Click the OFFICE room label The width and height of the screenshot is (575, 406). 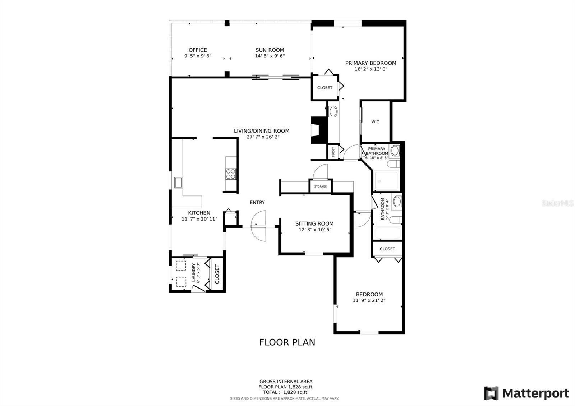(x=198, y=50)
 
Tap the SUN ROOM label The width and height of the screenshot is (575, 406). (x=270, y=50)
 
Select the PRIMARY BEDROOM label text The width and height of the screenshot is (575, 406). (x=371, y=63)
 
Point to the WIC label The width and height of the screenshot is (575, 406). (x=375, y=122)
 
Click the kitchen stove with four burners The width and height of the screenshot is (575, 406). (x=231, y=174)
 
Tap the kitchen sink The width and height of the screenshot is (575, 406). (x=178, y=183)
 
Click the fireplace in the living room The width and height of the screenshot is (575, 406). (x=319, y=130)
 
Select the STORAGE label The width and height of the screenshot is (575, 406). (x=321, y=186)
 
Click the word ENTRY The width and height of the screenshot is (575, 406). (x=257, y=203)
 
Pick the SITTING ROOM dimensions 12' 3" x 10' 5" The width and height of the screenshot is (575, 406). (x=315, y=230)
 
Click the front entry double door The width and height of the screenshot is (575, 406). (x=258, y=226)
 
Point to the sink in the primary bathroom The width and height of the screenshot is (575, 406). (x=395, y=151)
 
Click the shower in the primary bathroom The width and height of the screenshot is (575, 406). (x=386, y=181)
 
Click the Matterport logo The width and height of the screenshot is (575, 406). (x=526, y=393)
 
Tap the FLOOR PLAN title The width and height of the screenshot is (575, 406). (x=287, y=342)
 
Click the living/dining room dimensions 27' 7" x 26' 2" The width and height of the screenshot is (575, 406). (x=263, y=137)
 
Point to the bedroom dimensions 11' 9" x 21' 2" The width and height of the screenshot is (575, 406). (x=369, y=300)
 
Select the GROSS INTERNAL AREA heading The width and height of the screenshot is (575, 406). (x=286, y=382)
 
